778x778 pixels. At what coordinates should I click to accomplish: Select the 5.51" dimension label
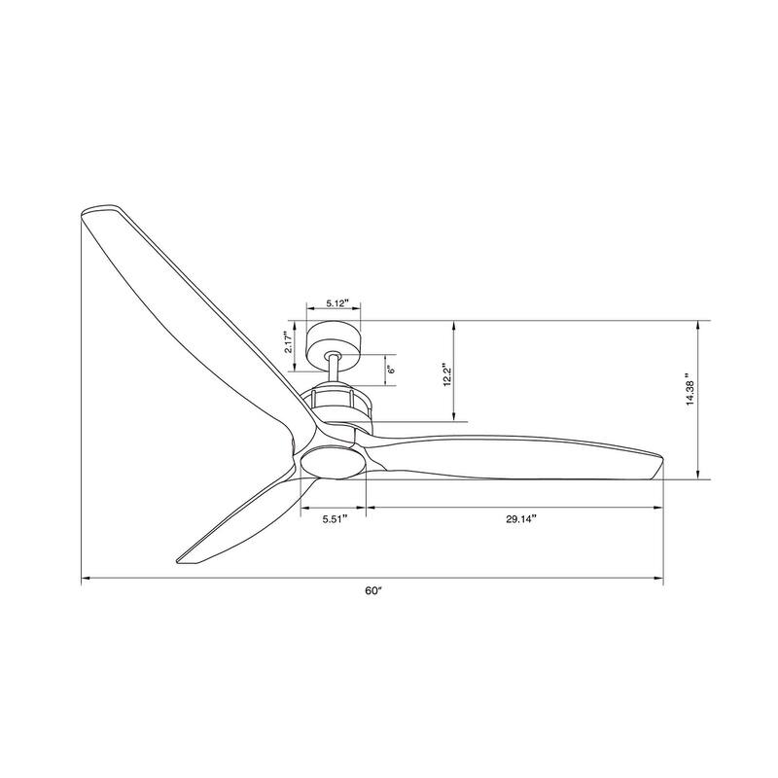[336, 518]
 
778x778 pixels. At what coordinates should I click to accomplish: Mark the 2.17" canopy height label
[289, 345]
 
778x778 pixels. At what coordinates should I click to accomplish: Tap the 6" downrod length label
[391, 369]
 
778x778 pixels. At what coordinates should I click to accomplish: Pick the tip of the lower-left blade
[183, 559]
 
